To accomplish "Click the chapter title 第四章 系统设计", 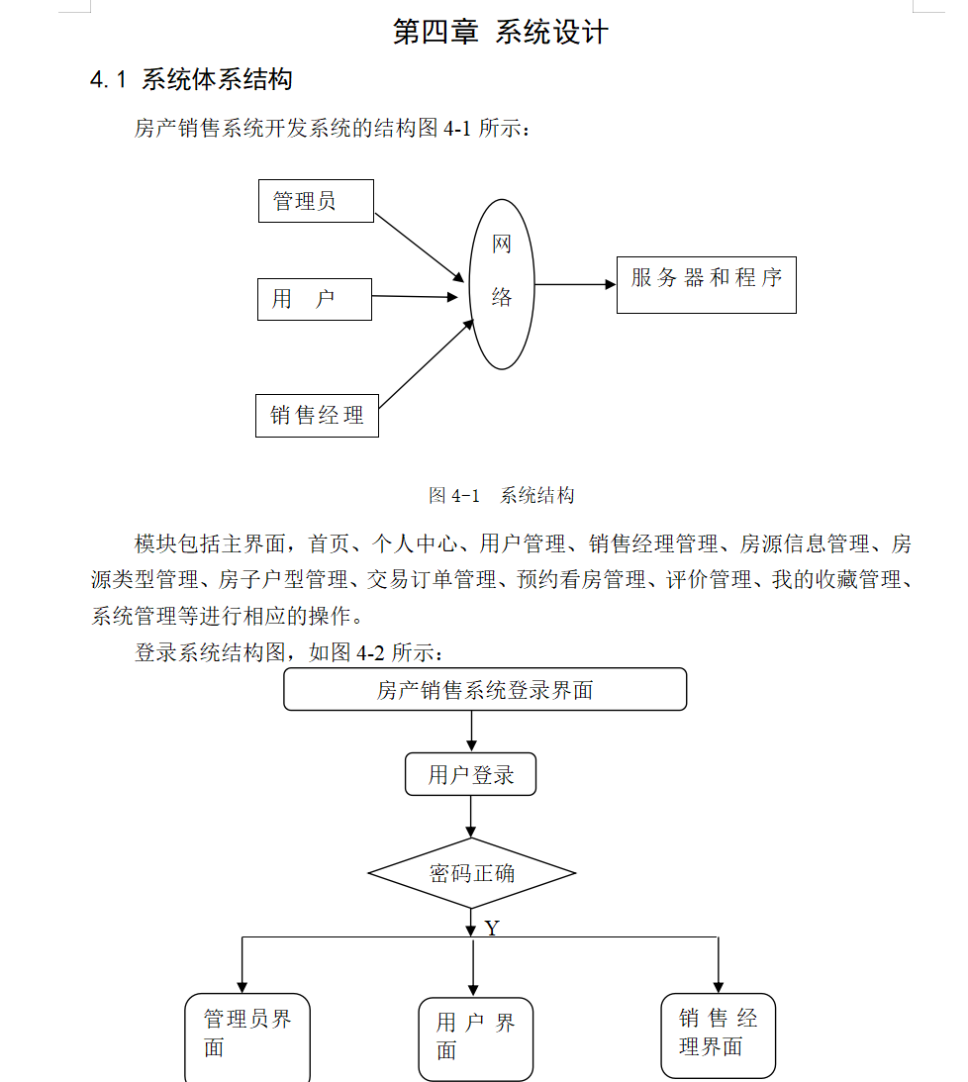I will tap(500, 32).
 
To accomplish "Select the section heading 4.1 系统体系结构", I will tap(191, 79).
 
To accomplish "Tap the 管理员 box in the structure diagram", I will tap(316, 201).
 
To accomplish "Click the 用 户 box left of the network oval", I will tap(314, 299).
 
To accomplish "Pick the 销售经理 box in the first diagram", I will tap(317, 415).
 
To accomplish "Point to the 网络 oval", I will tap(502, 284).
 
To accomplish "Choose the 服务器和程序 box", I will tap(706, 285).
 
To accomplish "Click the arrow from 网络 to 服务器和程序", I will tap(574, 285).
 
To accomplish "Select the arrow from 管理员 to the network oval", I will tap(420, 247).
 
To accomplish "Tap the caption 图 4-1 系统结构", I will tap(501, 496).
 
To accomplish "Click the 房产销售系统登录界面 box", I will tap(485, 689).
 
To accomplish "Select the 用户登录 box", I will tap(470, 774).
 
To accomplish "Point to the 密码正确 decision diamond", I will tap(471, 873).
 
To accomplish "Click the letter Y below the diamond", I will tap(492, 929).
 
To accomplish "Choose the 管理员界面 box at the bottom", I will tap(247, 1033).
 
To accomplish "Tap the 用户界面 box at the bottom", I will tap(475, 1036).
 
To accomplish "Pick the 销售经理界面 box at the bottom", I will tap(718, 1033).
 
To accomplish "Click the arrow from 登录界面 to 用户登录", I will tap(471, 732).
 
